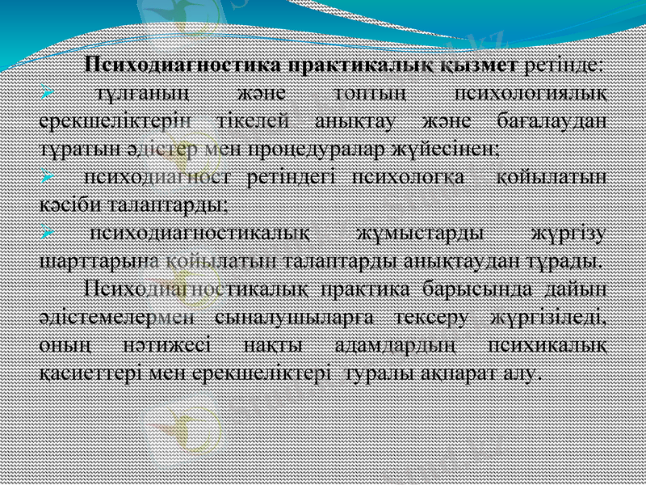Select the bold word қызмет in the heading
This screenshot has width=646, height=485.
484,64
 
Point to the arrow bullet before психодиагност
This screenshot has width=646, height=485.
48,175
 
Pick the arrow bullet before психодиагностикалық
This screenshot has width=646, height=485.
48,233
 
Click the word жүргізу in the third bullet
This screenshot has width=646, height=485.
573,233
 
